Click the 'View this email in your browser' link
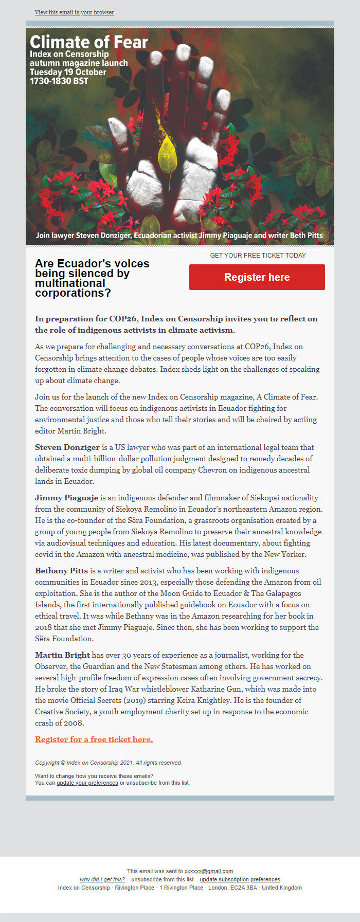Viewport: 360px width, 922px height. [75, 12]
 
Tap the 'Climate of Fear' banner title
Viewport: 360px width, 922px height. [89, 42]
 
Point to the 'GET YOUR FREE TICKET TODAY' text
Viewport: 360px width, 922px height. [258, 256]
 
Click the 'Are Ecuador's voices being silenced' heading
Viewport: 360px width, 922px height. [92, 278]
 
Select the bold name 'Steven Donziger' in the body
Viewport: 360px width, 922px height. [67, 447]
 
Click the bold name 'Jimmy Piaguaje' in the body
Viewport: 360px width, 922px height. [66, 498]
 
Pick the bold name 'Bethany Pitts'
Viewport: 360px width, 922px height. [61, 571]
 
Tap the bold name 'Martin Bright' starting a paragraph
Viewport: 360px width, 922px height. [62, 655]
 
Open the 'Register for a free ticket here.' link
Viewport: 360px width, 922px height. [94, 739]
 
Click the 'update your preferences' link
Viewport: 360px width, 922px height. [87, 783]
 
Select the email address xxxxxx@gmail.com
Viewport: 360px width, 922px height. [209, 872]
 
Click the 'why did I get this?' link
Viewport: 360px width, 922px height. [102, 880]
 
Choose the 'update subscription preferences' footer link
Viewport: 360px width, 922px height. [240, 880]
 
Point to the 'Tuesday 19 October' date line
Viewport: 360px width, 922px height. [68, 72]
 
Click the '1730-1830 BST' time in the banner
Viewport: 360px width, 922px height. [59, 81]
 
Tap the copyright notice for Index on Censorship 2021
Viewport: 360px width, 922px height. [109, 763]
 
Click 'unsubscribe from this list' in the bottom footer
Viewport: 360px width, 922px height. [163, 880]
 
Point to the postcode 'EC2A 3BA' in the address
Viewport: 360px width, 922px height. [245, 888]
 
